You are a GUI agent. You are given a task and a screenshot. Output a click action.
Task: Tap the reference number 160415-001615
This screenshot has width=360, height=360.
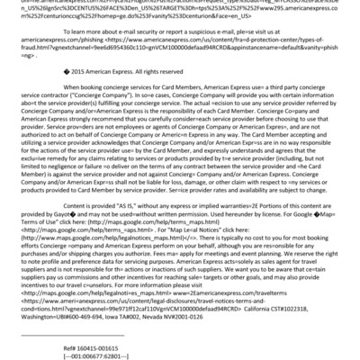coord(80,346)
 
